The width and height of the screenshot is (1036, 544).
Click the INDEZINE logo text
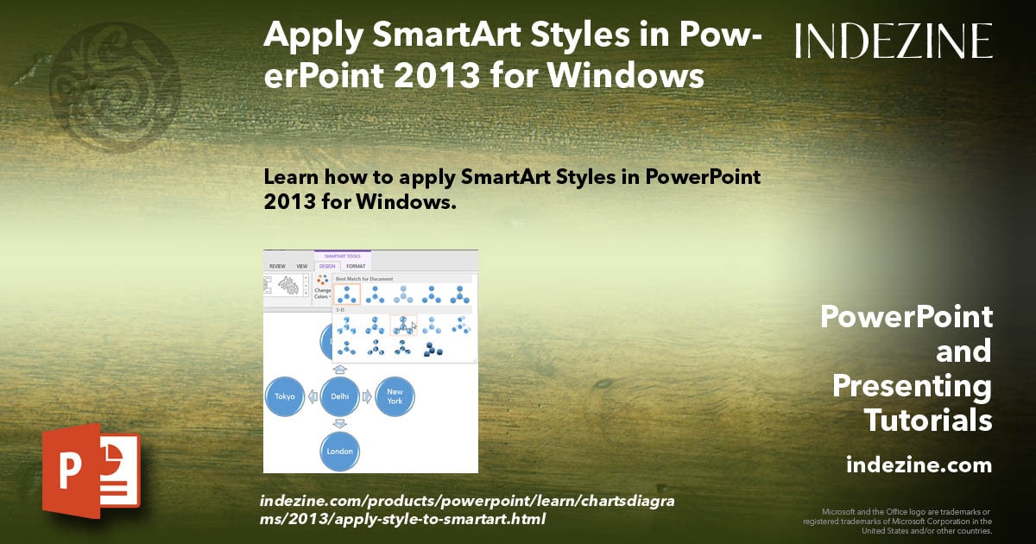[x=894, y=41]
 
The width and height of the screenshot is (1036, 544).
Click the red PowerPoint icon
[x=91, y=471]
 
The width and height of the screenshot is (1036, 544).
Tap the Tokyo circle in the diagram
[x=286, y=396]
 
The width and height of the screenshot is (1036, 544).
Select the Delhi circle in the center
[x=339, y=396]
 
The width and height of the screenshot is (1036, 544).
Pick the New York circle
[x=395, y=396]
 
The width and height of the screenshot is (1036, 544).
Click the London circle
[x=339, y=450]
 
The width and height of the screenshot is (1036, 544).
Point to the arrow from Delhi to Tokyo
[x=313, y=396]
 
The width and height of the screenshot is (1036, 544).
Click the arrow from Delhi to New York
[x=367, y=396]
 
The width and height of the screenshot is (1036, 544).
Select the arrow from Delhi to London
[x=339, y=423]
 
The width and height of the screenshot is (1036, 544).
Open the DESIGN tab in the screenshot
[x=327, y=266]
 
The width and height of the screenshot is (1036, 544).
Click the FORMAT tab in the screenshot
[x=356, y=266]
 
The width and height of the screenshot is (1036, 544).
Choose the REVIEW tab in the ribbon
[x=277, y=266]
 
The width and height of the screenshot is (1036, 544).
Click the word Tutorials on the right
[x=927, y=421]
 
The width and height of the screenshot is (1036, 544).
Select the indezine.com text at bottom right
[x=919, y=465]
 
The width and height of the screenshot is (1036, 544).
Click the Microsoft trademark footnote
[x=898, y=521]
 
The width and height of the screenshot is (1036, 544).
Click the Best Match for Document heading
[x=364, y=279]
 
